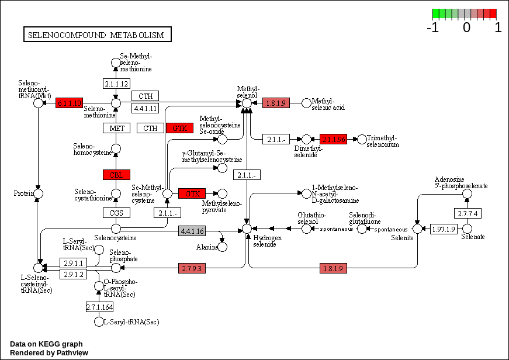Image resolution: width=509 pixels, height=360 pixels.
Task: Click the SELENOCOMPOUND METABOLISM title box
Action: [97, 35]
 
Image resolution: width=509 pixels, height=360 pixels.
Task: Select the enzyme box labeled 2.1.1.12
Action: [116, 84]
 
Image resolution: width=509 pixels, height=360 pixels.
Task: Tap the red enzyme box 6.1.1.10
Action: [70, 103]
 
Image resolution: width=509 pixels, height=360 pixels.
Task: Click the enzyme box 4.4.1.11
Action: [146, 108]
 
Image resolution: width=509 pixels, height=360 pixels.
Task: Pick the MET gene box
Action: [116, 128]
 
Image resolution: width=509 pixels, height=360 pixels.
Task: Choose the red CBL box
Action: [116, 174]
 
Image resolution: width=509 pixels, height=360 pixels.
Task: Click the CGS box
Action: [116, 213]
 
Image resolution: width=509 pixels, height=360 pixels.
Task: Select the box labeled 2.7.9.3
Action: [192, 268]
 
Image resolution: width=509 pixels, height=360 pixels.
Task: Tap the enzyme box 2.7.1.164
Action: [99, 307]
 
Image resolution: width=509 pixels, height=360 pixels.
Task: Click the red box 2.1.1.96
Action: [334, 139]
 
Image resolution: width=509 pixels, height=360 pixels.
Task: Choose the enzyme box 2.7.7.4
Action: [468, 213]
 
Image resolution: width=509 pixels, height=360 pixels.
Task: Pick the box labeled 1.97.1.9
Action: [443, 229]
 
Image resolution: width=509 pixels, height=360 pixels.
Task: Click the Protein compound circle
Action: [39, 193]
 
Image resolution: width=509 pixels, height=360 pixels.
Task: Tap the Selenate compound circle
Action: [467, 229]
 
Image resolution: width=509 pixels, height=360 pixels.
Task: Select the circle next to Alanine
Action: [223, 247]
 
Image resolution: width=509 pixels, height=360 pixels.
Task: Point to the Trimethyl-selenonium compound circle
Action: [362, 139]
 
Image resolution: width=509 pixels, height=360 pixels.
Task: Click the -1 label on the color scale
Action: [433, 27]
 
